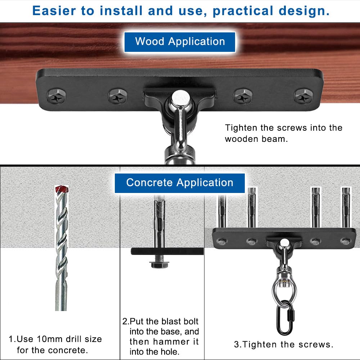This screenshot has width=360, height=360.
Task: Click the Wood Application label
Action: (180, 41)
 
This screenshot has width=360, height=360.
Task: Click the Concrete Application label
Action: (180, 183)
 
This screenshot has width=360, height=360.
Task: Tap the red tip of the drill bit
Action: (61, 189)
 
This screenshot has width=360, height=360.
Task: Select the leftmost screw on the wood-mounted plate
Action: (57, 96)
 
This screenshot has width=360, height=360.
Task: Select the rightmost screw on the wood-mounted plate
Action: (303, 96)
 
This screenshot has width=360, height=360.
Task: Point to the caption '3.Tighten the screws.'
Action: (284, 345)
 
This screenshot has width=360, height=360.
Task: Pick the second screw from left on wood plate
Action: (118, 96)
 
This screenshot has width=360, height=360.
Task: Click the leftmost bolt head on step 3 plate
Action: (221, 241)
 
